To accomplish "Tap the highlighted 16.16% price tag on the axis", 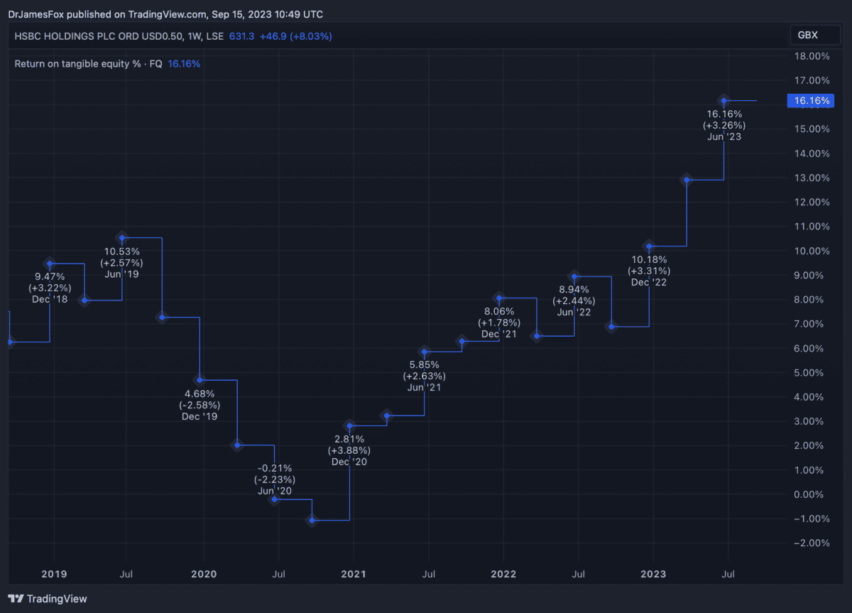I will coord(811,101).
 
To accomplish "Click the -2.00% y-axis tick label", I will coord(809,543).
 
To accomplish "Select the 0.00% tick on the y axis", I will coord(811,494).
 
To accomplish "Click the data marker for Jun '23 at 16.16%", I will coord(723,100).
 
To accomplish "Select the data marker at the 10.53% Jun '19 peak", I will coord(122,237).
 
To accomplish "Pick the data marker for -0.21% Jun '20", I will coord(274,499).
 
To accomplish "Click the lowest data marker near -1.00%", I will coord(312,521).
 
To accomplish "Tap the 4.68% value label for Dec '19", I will coord(199,393).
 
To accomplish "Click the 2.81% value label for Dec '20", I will coord(349,438).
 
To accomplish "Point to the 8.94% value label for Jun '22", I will coord(574,289).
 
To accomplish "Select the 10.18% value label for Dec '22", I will coord(649,259).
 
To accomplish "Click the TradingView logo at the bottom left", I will coord(48,599).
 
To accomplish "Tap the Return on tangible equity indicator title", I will coord(88,64).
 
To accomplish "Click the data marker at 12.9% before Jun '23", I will coord(687,180).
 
